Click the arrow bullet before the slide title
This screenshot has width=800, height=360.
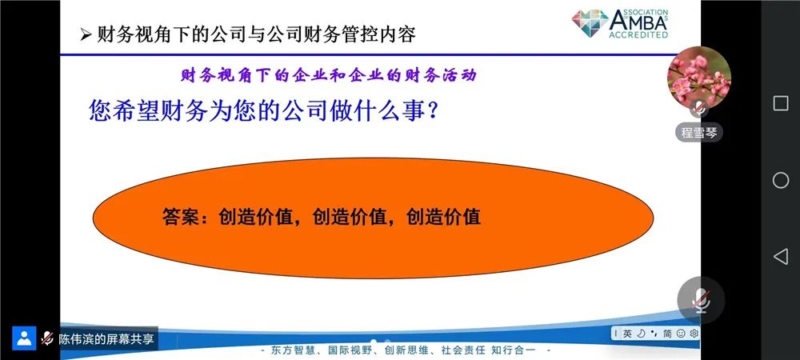86,34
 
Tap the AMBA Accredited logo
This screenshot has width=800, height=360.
620,23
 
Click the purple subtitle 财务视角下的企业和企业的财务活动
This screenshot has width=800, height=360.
329,75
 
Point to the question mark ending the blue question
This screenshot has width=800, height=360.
433,111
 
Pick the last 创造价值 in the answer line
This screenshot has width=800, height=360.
443,217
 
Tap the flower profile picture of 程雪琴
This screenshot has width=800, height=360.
699,78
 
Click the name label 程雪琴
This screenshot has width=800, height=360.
699,133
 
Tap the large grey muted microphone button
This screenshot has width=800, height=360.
701,300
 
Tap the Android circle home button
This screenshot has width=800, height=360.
781,180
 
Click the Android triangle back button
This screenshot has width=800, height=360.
781,257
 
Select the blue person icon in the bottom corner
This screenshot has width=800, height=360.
24,338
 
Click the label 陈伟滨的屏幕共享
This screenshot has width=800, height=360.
106,339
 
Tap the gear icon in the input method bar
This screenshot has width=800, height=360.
694,334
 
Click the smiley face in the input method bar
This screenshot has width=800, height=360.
681,334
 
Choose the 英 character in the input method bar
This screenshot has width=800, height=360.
627,334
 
